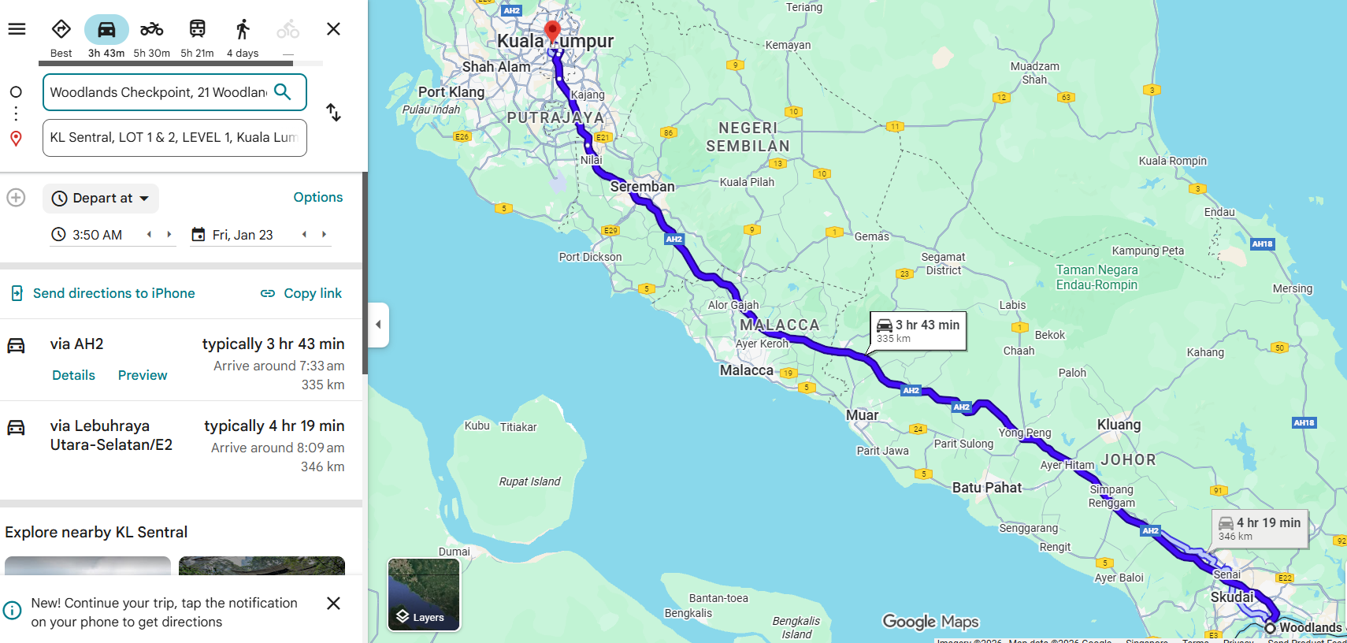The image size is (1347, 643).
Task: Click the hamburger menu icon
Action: pos(17,29)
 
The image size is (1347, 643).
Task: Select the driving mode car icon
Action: pos(106,30)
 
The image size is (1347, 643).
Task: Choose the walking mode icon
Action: pos(243,30)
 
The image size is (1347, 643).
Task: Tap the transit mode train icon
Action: pos(197,30)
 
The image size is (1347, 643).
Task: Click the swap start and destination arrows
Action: pos(334,113)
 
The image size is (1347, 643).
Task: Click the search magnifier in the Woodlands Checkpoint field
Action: pos(283,92)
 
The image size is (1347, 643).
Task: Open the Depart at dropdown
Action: pos(102,199)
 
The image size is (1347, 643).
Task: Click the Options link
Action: pos(317,197)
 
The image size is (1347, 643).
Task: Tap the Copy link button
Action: pos(302,293)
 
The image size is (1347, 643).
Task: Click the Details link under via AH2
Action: pos(73,375)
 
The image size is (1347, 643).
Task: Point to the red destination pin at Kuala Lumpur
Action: pos(553,31)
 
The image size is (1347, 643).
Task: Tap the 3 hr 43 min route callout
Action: pos(918,330)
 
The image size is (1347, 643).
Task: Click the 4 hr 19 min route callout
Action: pos(1260,528)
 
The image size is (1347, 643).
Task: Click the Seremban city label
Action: pos(642,187)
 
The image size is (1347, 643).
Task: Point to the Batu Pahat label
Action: pos(986,488)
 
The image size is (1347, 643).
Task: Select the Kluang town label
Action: pos(1119,425)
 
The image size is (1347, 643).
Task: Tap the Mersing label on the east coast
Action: pos(1292,288)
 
